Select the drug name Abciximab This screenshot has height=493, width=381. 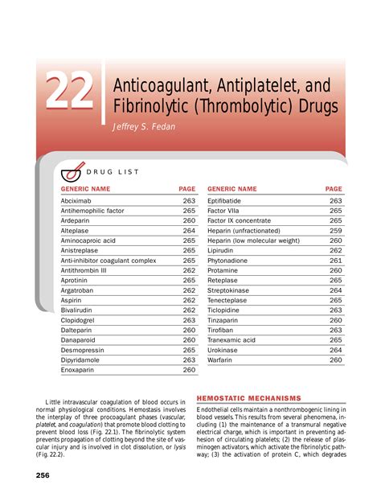click(x=77, y=200)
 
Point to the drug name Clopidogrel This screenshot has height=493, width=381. click(x=80, y=320)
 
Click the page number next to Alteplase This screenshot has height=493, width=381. click(x=189, y=230)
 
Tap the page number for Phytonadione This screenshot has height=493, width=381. click(x=335, y=261)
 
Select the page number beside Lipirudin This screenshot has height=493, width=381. click(x=335, y=250)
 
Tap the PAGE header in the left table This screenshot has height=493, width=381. click(x=186, y=189)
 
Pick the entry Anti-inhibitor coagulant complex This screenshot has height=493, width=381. click(x=109, y=261)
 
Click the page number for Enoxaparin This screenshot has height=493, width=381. click(x=189, y=371)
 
